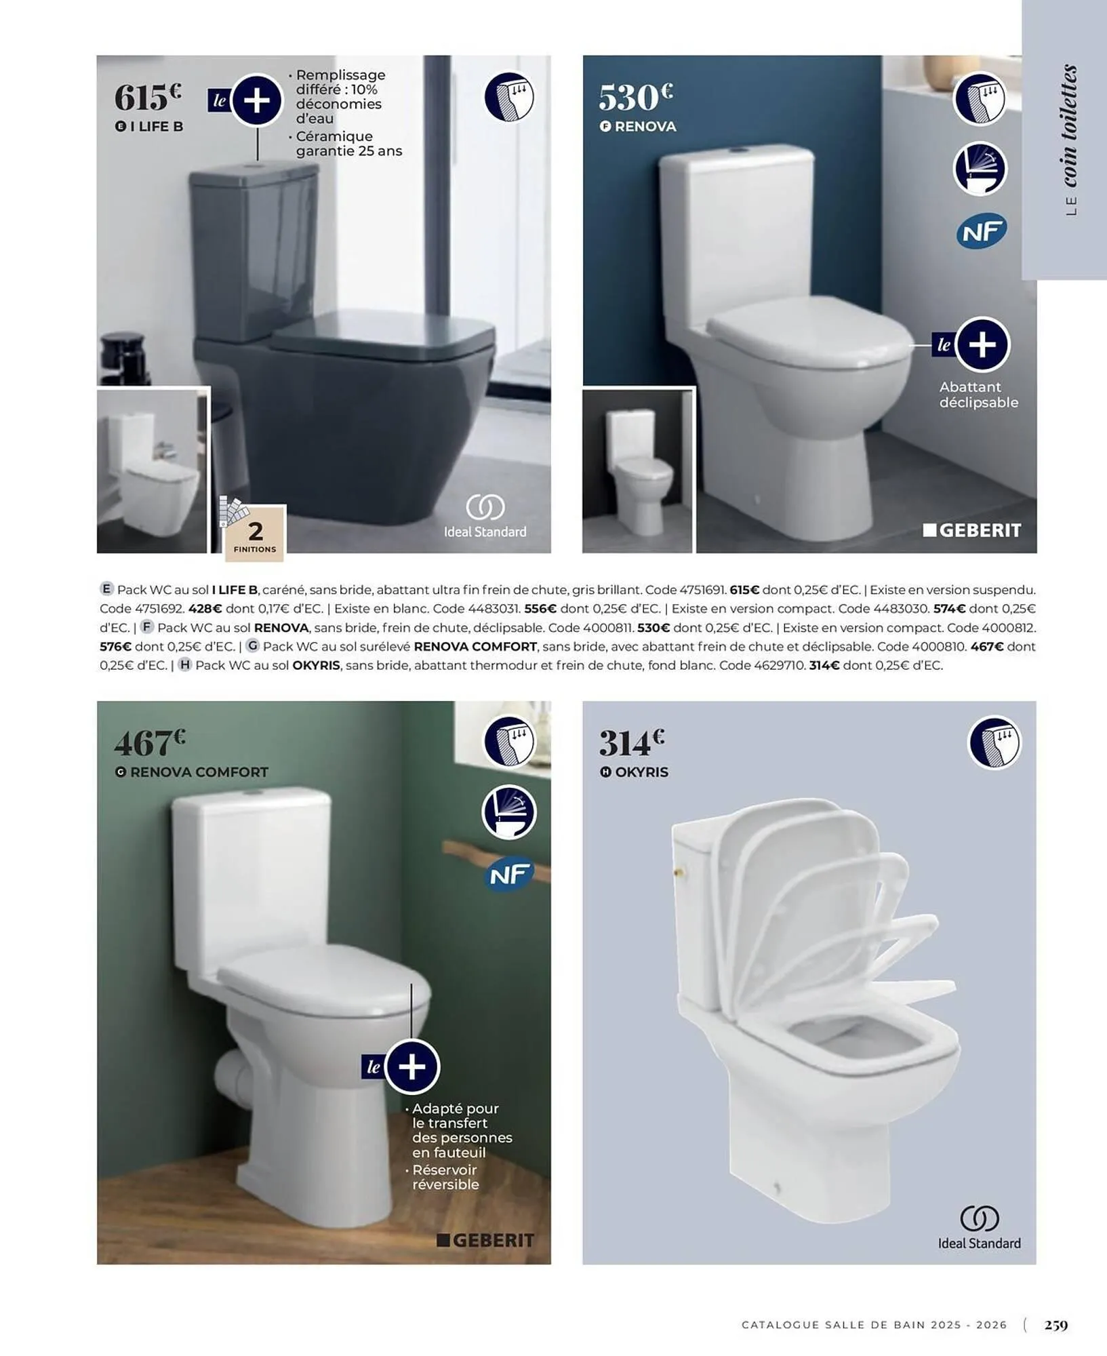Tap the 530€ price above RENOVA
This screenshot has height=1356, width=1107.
coord(635,97)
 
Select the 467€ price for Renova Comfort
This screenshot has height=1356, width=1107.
coord(150,743)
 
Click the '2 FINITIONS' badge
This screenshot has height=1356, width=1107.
coord(255,534)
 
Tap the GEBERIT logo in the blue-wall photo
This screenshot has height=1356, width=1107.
coord(972,530)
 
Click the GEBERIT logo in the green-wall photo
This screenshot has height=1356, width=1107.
coord(485,1240)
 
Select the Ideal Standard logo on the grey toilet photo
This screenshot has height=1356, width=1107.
coord(485,516)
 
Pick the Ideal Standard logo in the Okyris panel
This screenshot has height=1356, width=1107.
coord(980,1228)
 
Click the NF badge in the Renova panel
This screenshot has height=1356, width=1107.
coord(982,233)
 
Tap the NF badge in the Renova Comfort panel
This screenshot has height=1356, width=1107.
coord(510,875)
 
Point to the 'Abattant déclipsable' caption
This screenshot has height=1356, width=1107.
coord(978,395)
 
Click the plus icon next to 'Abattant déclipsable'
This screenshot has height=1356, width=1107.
coord(982,344)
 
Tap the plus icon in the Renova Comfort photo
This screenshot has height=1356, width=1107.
coord(412,1067)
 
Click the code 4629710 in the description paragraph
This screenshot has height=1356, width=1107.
coord(780,665)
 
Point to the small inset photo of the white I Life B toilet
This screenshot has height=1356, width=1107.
coord(153,470)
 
